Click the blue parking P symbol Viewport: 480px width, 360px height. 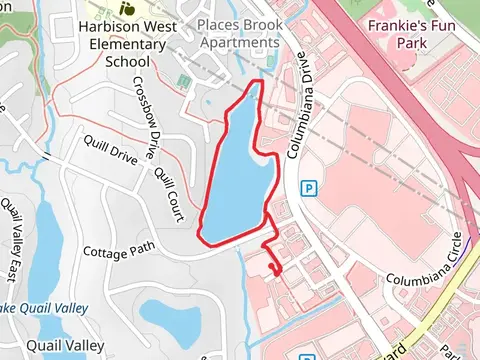coord(310,188)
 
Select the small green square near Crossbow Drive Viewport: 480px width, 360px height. coord(182,79)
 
